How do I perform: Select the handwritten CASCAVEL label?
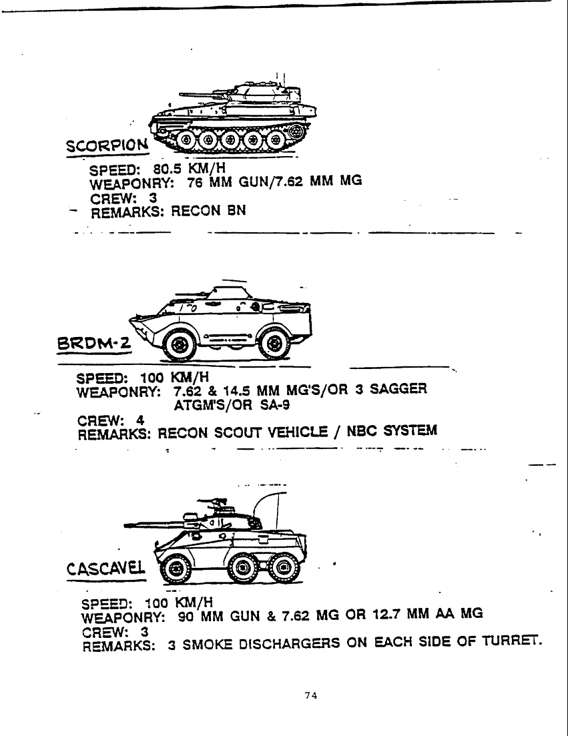tap(106, 569)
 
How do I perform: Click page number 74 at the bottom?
tap(310, 695)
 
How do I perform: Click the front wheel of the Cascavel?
tap(176, 569)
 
